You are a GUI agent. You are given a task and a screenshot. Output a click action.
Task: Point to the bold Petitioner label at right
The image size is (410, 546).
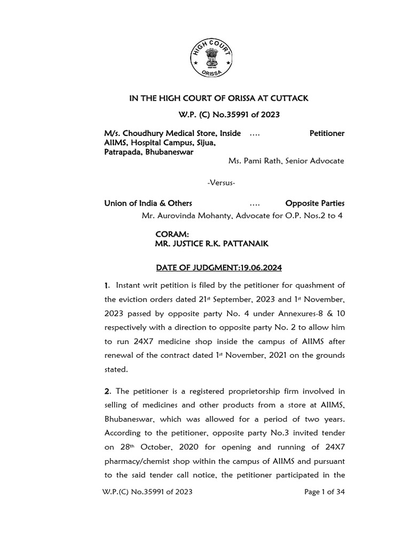click(x=327, y=133)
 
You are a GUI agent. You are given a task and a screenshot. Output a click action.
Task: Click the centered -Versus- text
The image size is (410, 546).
click(x=221, y=183)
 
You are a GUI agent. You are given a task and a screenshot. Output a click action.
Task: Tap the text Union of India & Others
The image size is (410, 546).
click(x=148, y=203)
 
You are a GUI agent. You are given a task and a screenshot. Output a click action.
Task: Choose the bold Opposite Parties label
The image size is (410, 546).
click(x=315, y=203)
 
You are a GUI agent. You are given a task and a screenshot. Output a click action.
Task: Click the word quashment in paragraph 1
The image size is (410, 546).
click(x=314, y=286)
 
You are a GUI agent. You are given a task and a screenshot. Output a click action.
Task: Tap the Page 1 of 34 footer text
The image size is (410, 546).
click(x=325, y=492)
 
